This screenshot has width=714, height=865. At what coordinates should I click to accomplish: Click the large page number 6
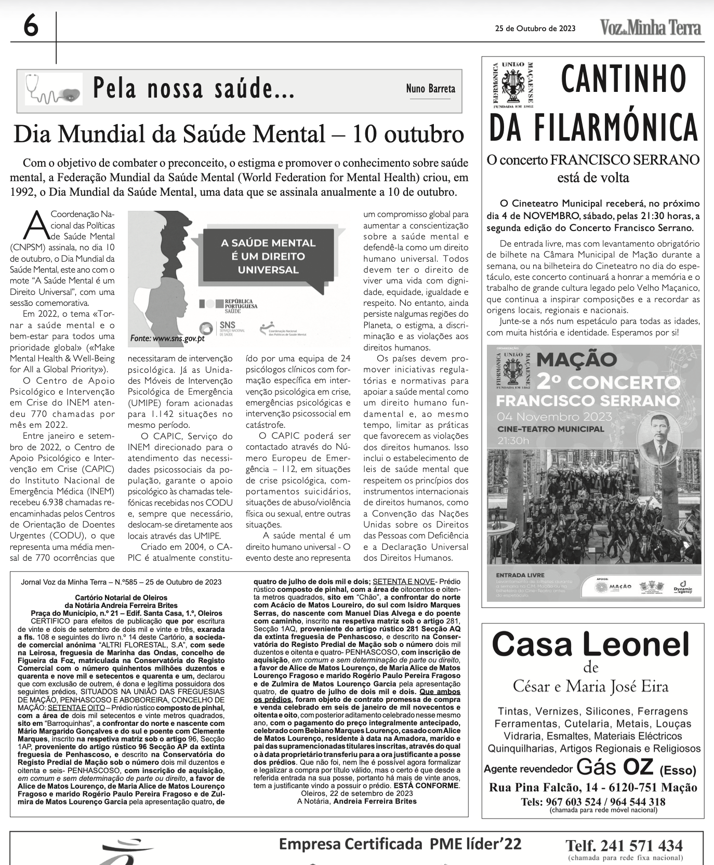coord(31,25)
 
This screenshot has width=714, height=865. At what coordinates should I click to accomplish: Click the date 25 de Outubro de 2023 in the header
coord(535,29)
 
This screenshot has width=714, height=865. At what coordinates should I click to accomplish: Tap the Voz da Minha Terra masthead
coord(650,28)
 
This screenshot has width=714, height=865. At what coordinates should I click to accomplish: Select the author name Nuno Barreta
coord(430,89)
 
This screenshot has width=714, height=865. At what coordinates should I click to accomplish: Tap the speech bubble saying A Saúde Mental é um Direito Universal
coord(268,256)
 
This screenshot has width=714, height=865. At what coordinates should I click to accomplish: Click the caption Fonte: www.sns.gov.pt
coord(167,339)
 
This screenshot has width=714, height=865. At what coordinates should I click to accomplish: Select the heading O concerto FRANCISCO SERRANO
coord(593,160)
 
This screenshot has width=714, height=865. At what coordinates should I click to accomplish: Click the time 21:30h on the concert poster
coord(513,441)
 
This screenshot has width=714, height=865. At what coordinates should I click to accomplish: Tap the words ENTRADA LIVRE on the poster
coord(520,575)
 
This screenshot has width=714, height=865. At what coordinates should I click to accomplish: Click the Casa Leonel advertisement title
coord(590,644)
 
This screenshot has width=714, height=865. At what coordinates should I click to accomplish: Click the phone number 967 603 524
coord(559,802)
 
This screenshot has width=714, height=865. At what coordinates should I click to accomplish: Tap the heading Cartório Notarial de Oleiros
coord(121,598)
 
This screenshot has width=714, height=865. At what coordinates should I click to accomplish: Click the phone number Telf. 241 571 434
coord(624,846)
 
